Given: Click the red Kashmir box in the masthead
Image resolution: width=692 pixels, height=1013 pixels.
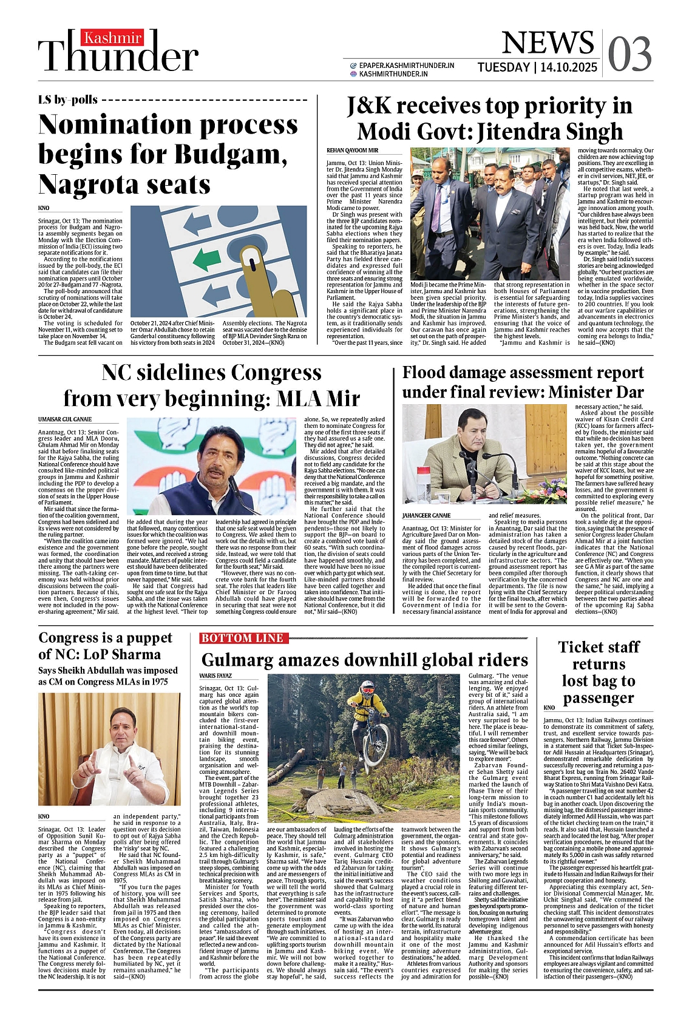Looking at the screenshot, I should (112, 38).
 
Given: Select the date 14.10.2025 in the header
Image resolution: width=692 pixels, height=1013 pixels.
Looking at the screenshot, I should (568, 67).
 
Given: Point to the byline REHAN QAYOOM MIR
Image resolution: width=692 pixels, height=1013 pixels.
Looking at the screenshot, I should (352, 150).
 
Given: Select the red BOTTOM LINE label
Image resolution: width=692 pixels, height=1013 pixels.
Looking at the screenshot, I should (243, 638).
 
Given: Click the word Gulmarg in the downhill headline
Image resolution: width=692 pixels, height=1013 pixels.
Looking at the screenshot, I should (248, 660).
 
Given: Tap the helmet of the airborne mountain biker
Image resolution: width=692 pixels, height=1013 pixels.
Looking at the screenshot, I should (367, 688).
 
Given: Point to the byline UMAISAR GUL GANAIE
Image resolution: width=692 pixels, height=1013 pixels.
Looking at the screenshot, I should (65, 419).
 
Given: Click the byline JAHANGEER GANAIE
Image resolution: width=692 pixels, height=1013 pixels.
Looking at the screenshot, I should (426, 515).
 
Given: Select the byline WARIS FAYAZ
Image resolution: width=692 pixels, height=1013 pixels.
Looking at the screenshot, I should (215, 676).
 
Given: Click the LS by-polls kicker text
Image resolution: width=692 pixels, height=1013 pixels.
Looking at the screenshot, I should (68, 100).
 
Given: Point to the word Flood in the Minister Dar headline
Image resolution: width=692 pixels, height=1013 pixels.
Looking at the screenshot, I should (426, 373).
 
